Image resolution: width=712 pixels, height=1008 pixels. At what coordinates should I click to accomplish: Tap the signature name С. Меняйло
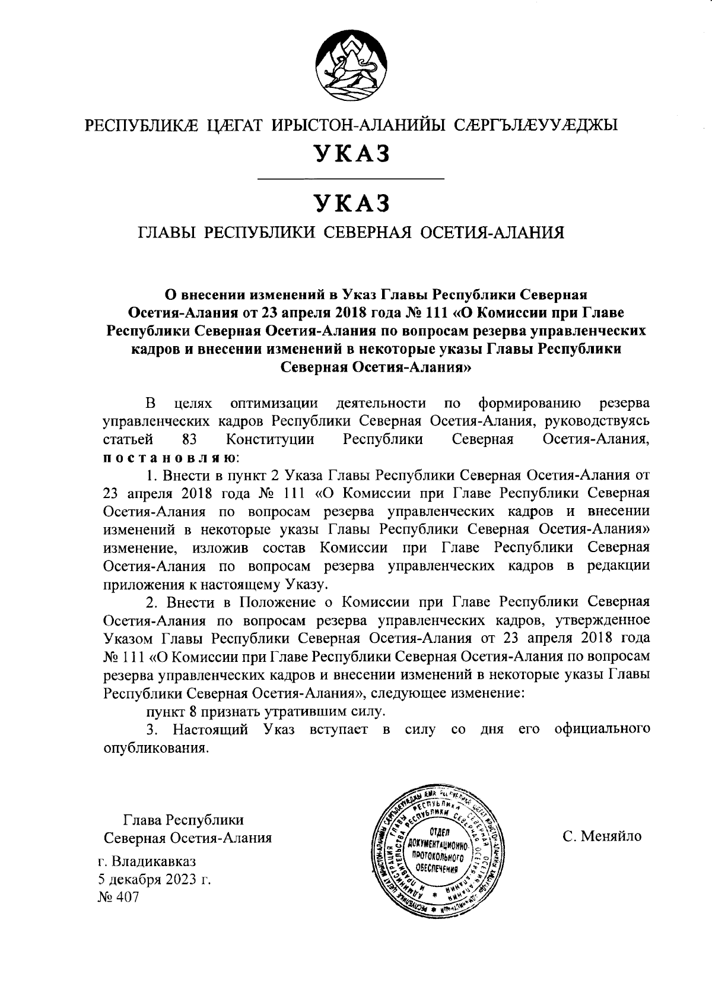(x=602, y=837)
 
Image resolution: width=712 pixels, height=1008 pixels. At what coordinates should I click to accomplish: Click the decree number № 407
(x=119, y=897)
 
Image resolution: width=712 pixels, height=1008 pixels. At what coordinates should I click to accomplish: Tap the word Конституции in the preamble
(x=270, y=440)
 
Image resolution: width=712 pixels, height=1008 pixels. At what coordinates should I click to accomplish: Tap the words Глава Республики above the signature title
(x=183, y=820)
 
